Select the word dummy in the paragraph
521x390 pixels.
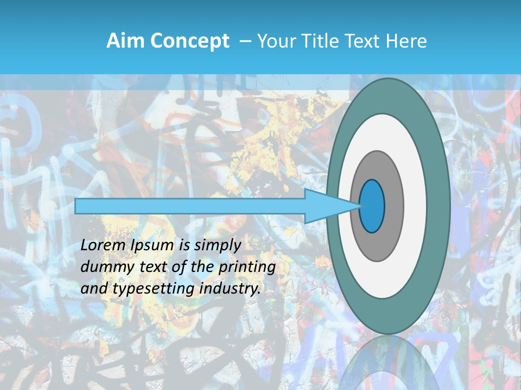pyautogui.click(x=103, y=267)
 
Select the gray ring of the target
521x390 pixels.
pyautogui.click(x=393, y=206)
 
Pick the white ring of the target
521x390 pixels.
pyautogui.click(x=416, y=206)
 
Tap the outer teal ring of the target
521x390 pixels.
pyautogui.click(x=439, y=206)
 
